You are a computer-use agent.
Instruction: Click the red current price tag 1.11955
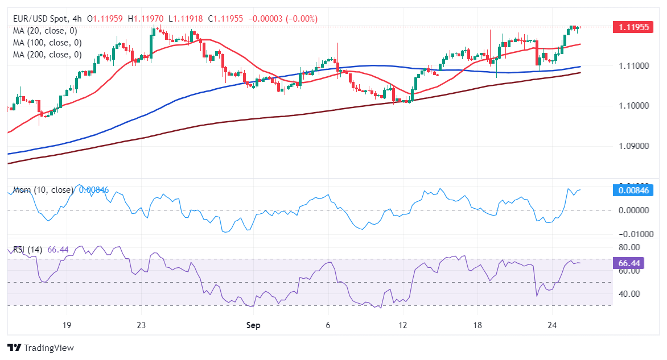[633, 27]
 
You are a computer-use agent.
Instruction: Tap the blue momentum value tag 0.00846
[633, 191]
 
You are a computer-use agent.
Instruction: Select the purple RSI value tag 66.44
[633, 263]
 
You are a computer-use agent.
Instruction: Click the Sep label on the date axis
[253, 325]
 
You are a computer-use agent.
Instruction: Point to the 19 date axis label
[67, 325]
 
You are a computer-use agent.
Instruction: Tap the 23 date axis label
[142, 325]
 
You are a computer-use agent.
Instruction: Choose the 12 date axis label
[403, 325]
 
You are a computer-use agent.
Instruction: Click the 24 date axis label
[551, 325]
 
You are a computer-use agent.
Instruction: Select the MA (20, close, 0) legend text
[45, 31]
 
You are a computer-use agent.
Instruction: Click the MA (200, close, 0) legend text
[47, 55]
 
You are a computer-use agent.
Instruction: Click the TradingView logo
[40, 347]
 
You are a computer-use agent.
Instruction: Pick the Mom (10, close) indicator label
[43, 190]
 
